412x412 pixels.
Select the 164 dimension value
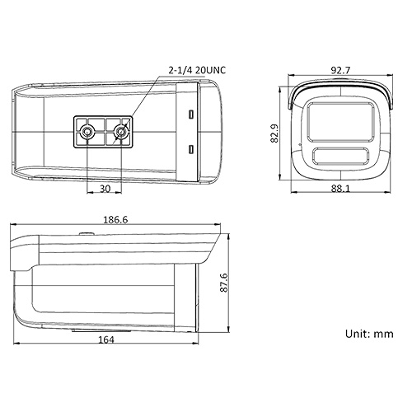[x=105, y=339]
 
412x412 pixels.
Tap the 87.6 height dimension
[x=235, y=283]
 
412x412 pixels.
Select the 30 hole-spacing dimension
[x=105, y=188]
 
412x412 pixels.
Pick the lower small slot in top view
[x=191, y=149]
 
